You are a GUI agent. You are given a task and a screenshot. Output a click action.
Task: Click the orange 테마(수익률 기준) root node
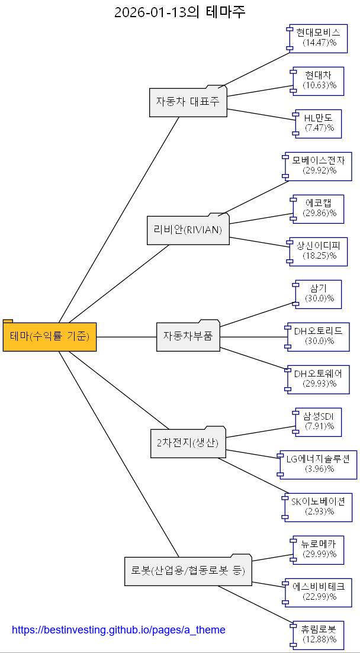pyautogui.click(x=50, y=336)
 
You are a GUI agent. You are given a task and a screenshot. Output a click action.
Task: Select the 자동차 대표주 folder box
pyautogui.click(x=188, y=101)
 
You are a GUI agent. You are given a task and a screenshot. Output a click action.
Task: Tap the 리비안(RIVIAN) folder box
pyautogui.click(x=188, y=230)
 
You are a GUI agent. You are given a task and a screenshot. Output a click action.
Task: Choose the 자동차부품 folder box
pyautogui.click(x=188, y=336)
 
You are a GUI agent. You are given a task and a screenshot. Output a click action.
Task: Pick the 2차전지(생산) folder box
pyautogui.click(x=188, y=443)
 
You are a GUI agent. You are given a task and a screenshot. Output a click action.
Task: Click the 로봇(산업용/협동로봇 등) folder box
pyautogui.click(x=188, y=571)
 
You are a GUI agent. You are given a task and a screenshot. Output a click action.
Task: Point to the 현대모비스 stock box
pyautogui.click(x=319, y=37)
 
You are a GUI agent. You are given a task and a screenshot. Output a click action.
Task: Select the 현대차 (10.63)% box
pyautogui.click(x=319, y=80)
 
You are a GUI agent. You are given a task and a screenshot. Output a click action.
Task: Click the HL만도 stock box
pyautogui.click(x=319, y=123)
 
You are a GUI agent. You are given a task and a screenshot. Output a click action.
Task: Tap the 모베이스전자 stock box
pyautogui.click(x=319, y=165)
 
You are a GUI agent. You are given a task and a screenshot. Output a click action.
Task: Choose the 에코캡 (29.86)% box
pyautogui.click(x=319, y=208)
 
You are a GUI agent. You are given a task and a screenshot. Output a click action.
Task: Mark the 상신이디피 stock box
pyautogui.click(x=317, y=250)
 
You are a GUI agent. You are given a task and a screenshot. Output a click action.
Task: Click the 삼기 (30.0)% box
pyautogui.click(x=319, y=294)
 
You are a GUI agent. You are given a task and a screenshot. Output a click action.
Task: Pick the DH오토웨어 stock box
pyautogui.click(x=317, y=378)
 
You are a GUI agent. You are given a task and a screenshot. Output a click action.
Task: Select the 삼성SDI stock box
pyautogui.click(x=319, y=421)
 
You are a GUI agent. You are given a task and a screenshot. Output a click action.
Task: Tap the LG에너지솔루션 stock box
pyautogui.click(x=318, y=464)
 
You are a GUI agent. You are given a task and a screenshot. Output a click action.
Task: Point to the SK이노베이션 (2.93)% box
pyautogui.click(x=318, y=506)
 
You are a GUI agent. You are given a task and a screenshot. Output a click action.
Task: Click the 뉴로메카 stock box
pyautogui.click(x=319, y=549)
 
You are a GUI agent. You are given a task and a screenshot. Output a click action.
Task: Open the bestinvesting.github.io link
pyautogui.click(x=118, y=630)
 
